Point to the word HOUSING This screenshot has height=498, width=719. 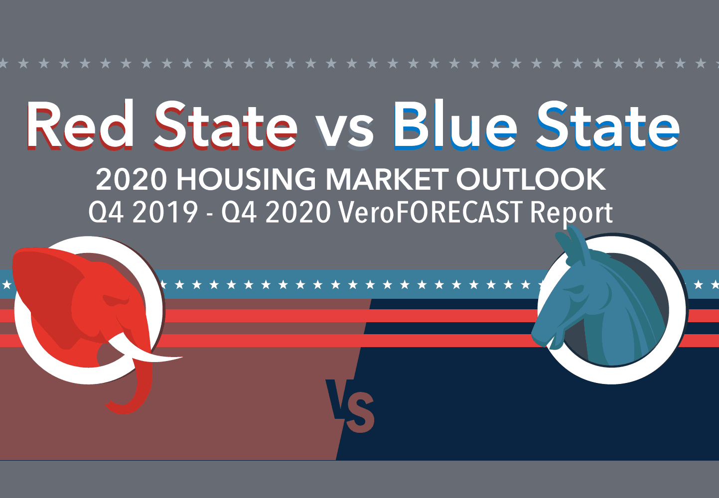point(246,179)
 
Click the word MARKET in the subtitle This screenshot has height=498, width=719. point(384,179)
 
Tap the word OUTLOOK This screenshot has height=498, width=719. point(531,179)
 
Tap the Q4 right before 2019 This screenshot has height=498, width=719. point(106,213)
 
